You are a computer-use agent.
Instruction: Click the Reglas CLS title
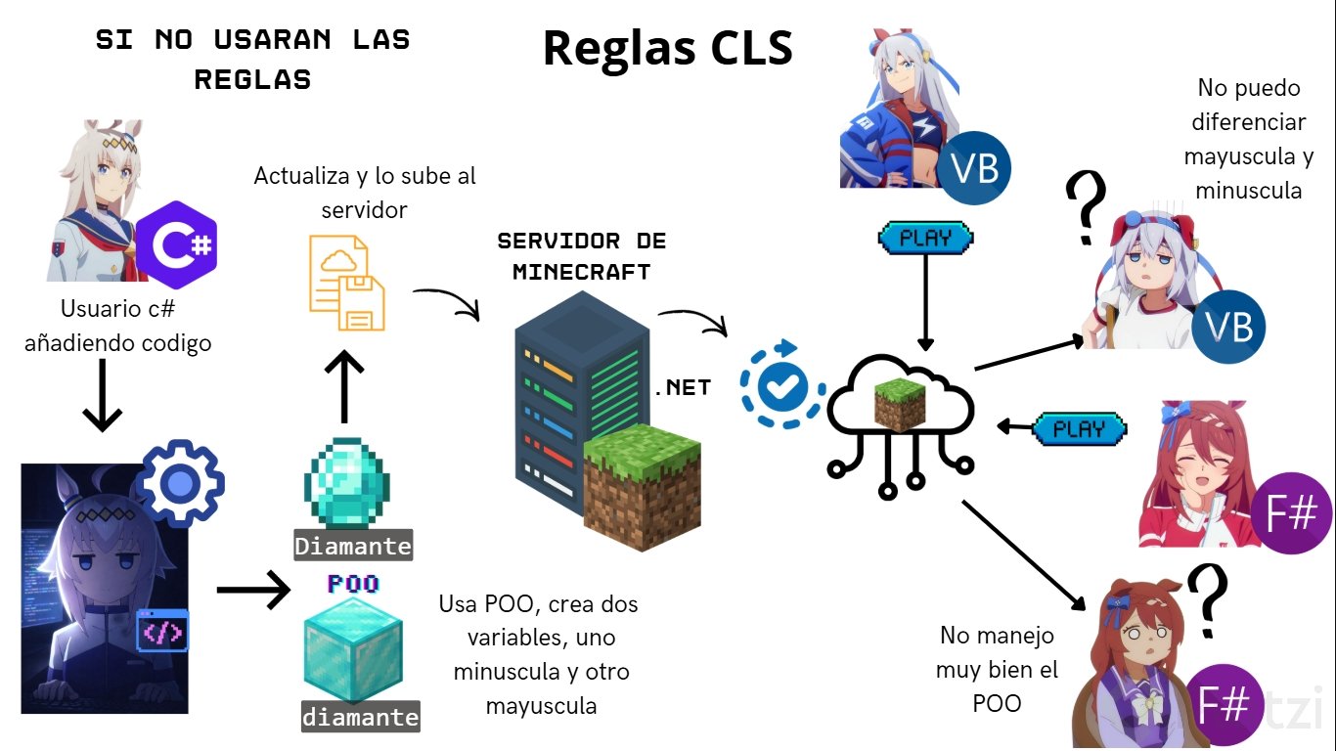[668, 48]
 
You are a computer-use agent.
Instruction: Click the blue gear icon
[180, 483]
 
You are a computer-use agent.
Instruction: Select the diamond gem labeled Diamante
[347, 485]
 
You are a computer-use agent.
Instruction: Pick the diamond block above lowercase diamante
[353, 648]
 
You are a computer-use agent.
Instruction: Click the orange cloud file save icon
[347, 282]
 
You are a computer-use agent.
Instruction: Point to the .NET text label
[682, 388]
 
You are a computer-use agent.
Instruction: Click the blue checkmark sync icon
[781, 384]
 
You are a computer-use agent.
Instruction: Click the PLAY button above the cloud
[925, 238]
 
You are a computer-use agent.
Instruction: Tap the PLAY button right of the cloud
[1080, 428]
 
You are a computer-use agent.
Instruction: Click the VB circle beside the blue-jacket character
[974, 169]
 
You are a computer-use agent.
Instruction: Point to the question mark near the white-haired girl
[1087, 208]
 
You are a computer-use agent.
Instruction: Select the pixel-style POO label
[353, 584]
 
